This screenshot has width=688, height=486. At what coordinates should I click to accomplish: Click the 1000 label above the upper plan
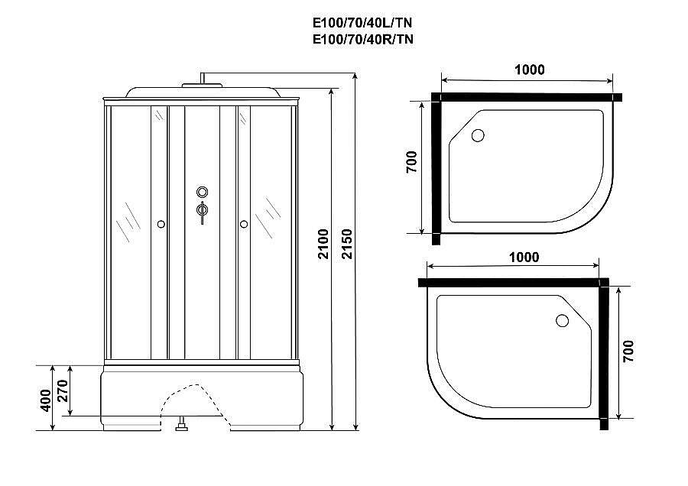point(530,70)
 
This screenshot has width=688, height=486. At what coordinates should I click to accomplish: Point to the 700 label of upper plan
point(411,164)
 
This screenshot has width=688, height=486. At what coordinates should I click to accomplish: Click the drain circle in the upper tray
point(478,136)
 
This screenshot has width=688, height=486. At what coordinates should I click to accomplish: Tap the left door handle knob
point(161,224)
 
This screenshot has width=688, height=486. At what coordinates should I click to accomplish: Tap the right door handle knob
point(244,224)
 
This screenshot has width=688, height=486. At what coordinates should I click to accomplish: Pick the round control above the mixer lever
point(203,192)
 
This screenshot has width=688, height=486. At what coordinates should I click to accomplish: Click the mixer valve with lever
point(203,209)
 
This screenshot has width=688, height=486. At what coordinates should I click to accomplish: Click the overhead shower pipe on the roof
point(203,79)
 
